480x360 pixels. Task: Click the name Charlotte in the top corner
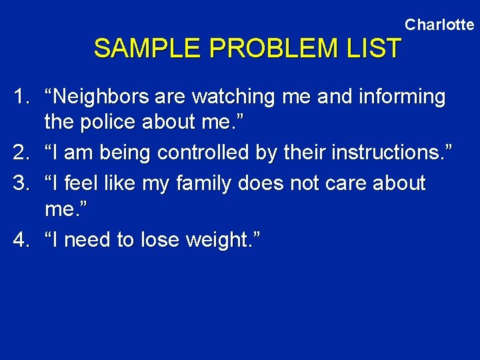[439, 25]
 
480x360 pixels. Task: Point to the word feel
[79, 183]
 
